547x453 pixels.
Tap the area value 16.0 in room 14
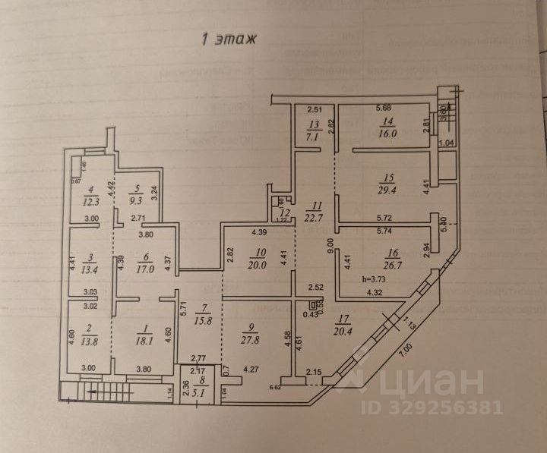click(x=387, y=131)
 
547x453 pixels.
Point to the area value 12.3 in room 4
click(x=91, y=201)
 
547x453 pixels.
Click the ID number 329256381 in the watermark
click(x=440, y=407)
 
